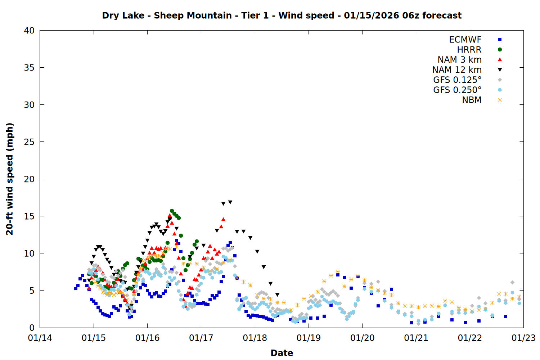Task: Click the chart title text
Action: pos(282,15)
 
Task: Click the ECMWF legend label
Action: pos(465,40)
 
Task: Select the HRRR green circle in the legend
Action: pos(500,50)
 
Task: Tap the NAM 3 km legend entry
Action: pos(459,60)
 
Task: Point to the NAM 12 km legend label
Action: pos(457,70)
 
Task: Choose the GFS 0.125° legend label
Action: pos(457,80)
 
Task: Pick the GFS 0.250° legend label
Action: pos(457,90)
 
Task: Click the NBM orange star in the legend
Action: pos(500,100)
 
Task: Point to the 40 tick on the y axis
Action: pos(29,31)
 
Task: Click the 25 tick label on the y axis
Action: pos(29,142)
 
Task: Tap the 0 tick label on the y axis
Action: pos(32,328)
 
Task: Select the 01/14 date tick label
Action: pos(40,338)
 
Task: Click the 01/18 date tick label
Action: pos(255,338)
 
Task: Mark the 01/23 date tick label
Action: pos(523,338)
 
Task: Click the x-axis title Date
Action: pos(282,353)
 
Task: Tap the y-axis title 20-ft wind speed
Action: pos(10,179)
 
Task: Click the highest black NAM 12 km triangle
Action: pos(230,202)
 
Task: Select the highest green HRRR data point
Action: pos(172,211)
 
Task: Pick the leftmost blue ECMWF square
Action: pos(76,288)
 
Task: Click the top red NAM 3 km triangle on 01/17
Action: pos(223,219)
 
